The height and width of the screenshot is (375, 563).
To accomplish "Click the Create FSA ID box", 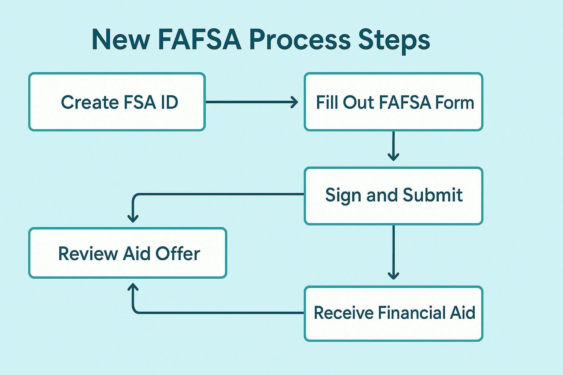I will click(117, 102).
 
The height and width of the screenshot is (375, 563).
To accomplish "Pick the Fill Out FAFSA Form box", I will click(393, 102).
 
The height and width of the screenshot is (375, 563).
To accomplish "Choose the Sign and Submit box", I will click(393, 196).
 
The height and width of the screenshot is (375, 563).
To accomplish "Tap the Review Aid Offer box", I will click(128, 253).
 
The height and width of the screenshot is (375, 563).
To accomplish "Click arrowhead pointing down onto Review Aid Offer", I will click(133, 218).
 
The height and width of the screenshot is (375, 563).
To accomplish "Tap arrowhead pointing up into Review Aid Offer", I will click(133, 287).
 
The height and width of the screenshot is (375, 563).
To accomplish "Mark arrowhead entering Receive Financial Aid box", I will click(393, 275).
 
